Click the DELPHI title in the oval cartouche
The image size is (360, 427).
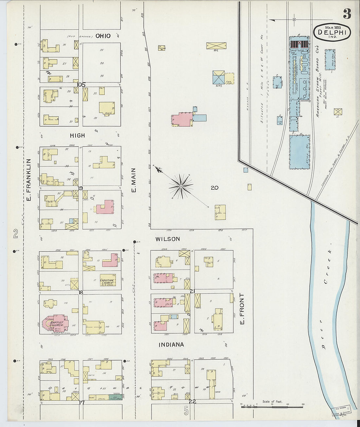point(332,32)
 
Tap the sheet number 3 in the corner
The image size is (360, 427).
point(347,14)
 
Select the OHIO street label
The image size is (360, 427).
point(103,36)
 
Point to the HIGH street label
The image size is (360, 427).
point(77,135)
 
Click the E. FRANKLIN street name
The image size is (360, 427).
point(28,180)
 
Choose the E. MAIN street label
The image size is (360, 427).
point(134,180)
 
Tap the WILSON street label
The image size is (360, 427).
point(168,239)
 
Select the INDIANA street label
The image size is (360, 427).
point(171,345)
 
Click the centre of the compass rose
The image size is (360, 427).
point(181,187)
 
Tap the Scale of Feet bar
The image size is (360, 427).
point(272,407)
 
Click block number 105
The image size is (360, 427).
point(81,85)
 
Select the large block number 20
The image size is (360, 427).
point(214,188)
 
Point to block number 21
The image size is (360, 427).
point(192,291)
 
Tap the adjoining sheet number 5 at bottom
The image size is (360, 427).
point(186,411)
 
